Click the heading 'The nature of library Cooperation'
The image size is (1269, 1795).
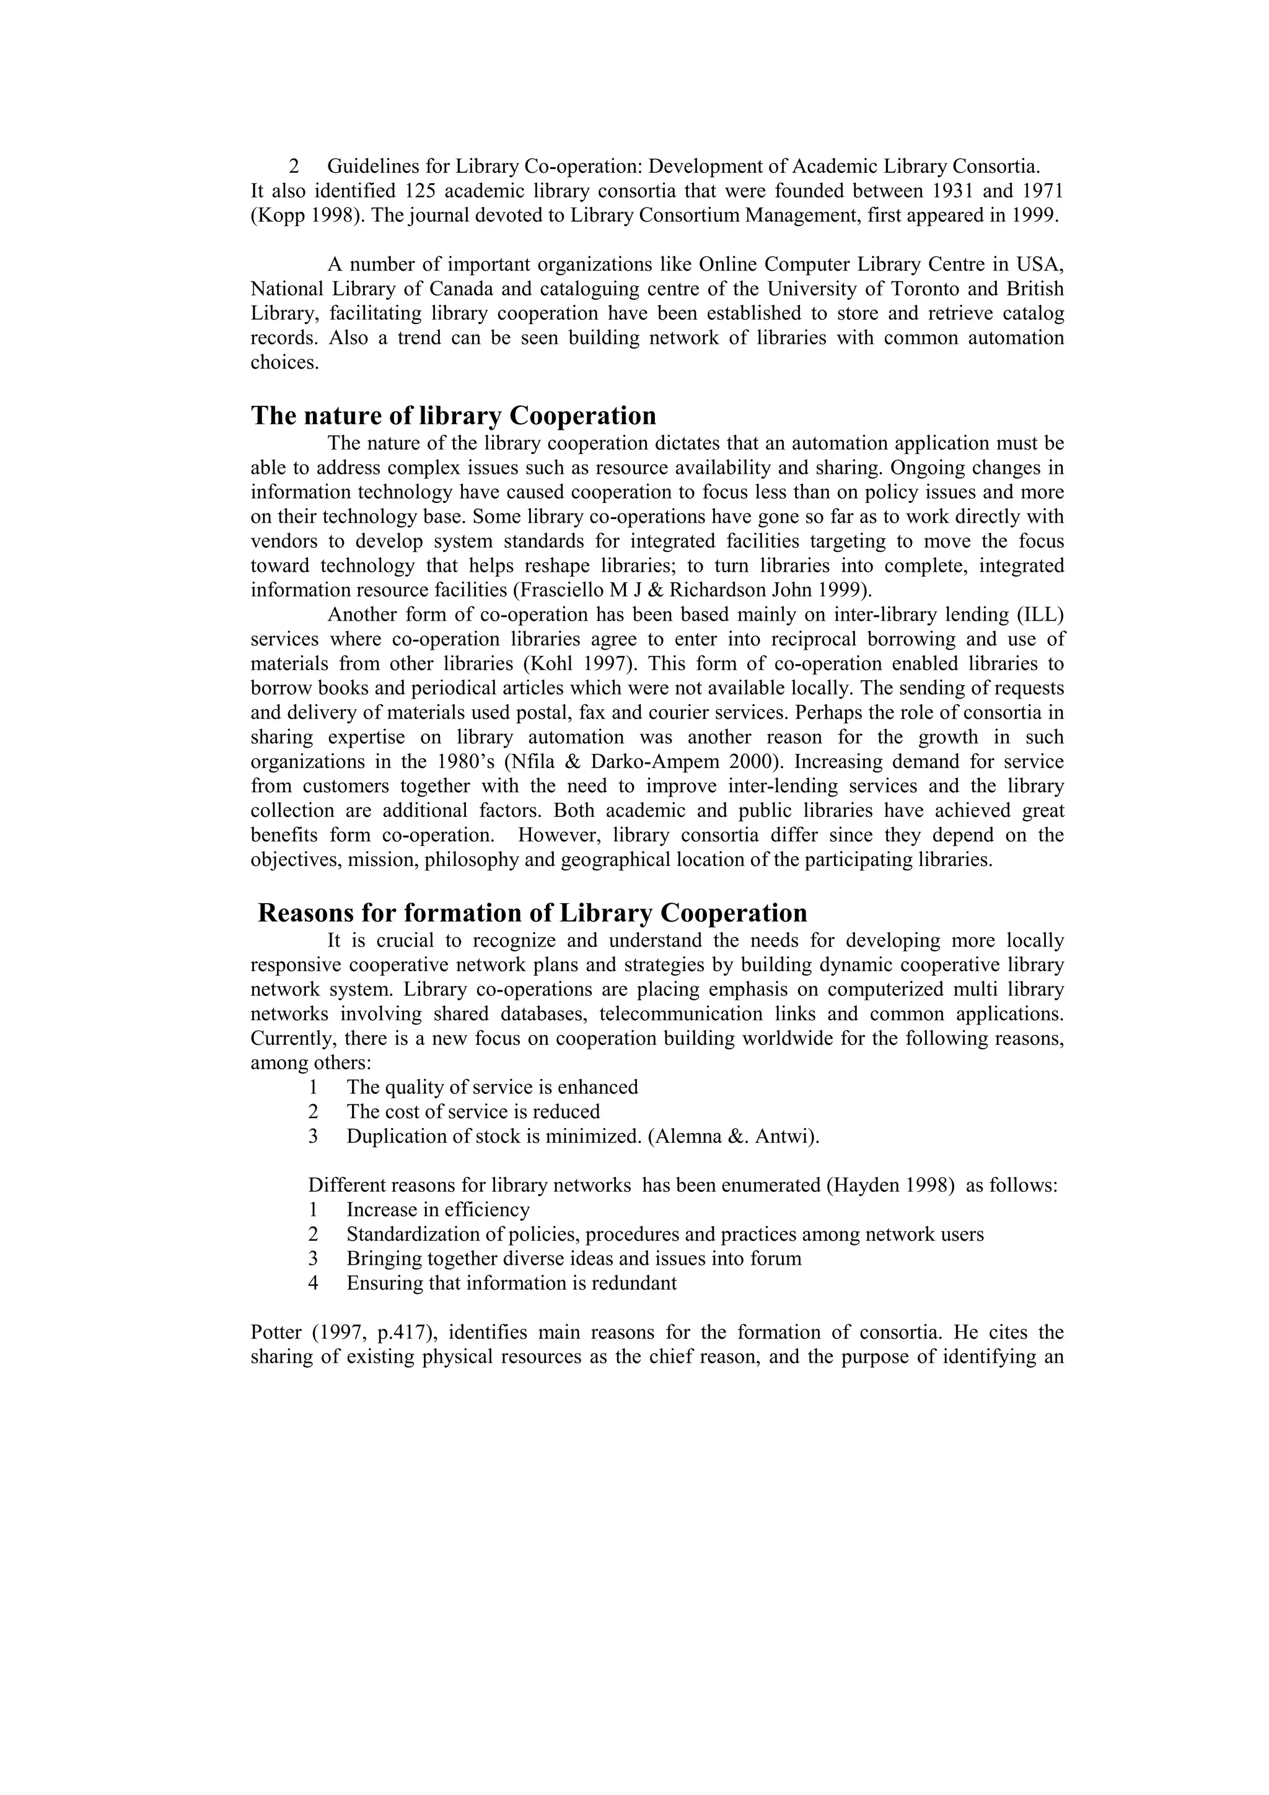click(x=453, y=415)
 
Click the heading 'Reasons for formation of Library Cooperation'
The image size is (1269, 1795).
click(x=532, y=913)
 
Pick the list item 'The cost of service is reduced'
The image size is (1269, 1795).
click(x=473, y=1112)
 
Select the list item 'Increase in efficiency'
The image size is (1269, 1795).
click(x=438, y=1210)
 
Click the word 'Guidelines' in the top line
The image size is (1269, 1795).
click(x=364, y=167)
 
